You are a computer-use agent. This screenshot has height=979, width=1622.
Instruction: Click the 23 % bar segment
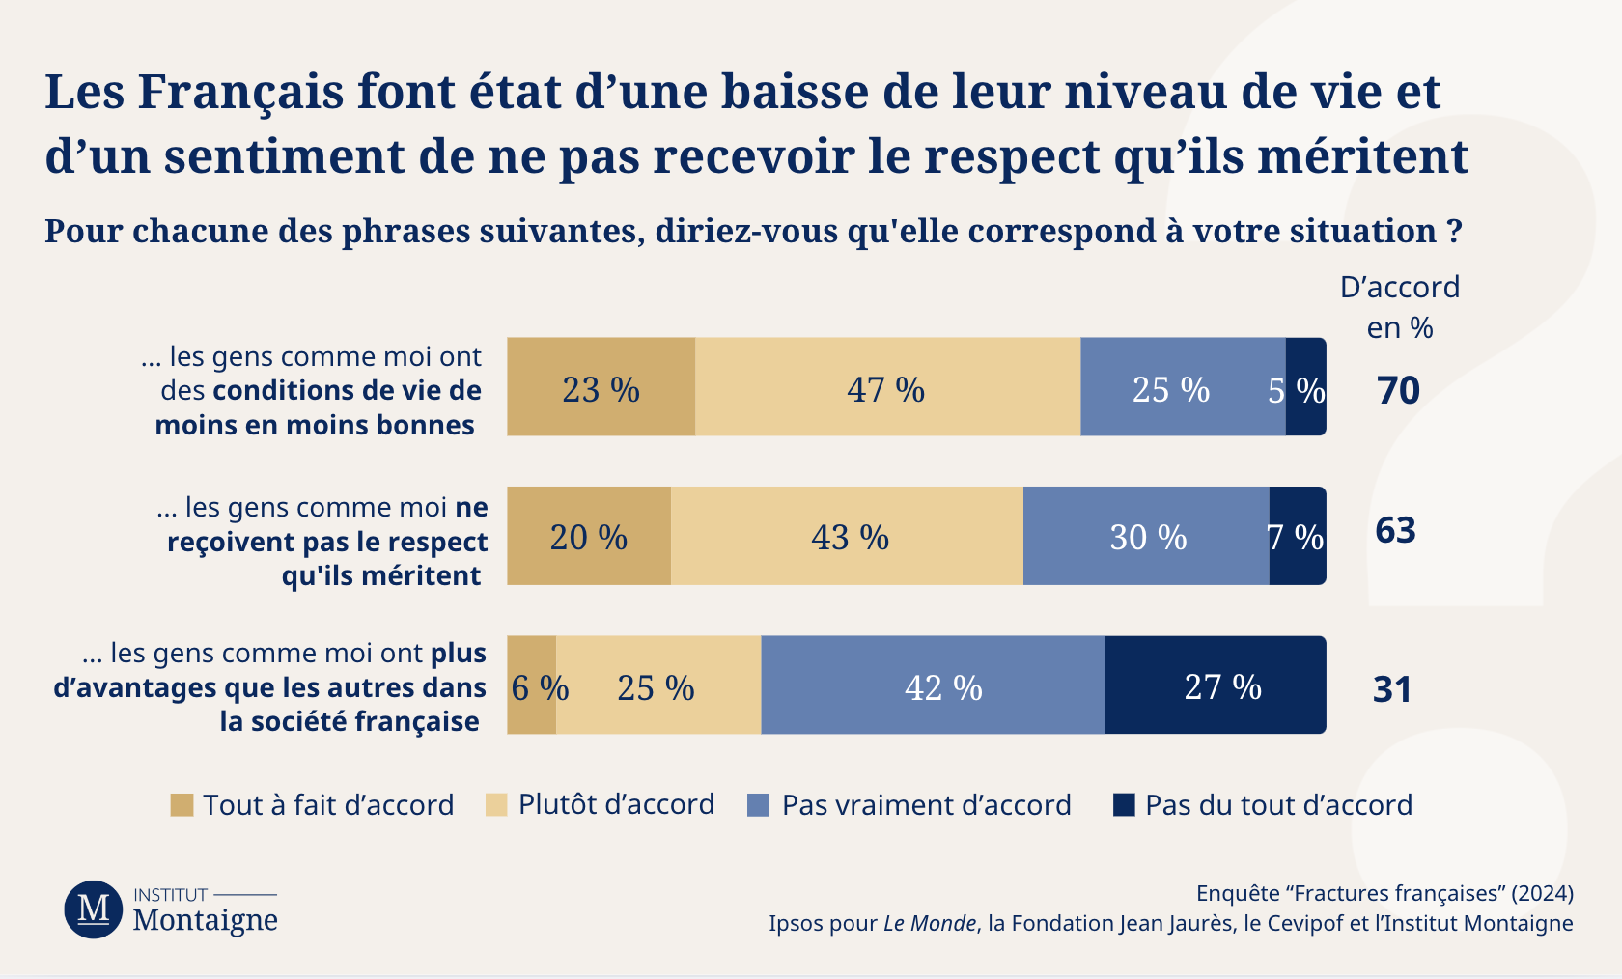coord(601,387)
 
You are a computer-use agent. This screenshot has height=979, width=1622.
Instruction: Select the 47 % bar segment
coord(886,387)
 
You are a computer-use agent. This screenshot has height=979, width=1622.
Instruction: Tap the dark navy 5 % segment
coord(1305,387)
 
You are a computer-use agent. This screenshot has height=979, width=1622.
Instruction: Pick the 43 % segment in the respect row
coord(847,536)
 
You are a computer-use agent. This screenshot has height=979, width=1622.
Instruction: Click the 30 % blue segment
coord(1146,536)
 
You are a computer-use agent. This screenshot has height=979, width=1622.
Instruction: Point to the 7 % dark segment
coord(1298,536)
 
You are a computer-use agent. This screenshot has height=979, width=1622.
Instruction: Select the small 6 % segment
coord(532,685)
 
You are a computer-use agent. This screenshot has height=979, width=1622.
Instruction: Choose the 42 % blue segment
coord(933,685)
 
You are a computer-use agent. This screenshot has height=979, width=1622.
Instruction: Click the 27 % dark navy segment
coord(1216,685)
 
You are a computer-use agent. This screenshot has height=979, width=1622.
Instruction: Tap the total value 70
coord(1398,390)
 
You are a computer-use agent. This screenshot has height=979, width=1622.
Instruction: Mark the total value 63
coord(1395,530)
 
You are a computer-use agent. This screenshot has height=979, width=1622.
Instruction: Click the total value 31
coord(1392,689)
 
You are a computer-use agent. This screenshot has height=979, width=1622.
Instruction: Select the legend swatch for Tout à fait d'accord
coord(182,805)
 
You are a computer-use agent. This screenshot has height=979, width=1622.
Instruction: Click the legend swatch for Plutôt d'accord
coord(496,805)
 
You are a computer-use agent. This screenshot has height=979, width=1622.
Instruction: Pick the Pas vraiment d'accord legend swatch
coord(759,805)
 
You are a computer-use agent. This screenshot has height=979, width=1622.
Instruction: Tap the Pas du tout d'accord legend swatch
coord(1124,805)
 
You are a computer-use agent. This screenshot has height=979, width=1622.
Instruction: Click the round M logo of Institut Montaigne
coord(94,909)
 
